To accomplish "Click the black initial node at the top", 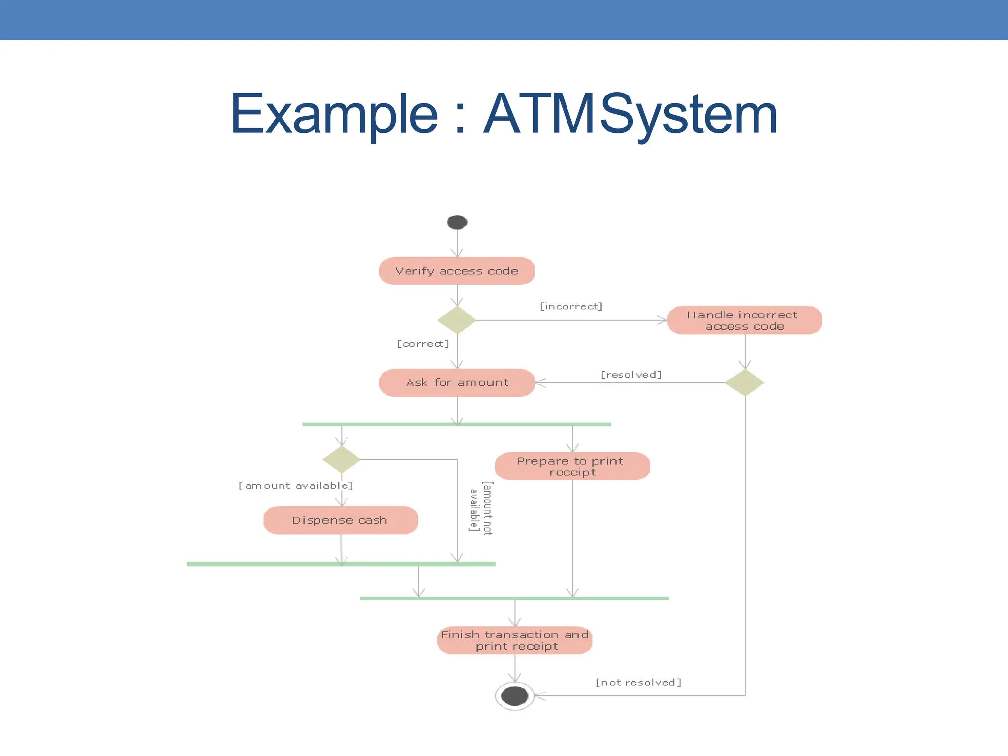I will click(x=457, y=222).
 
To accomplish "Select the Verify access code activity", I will click(x=457, y=271).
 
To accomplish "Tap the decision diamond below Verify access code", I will click(x=457, y=320).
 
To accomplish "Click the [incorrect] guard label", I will click(x=571, y=306).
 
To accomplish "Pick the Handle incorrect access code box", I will click(x=744, y=320).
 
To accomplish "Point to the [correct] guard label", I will click(x=423, y=344).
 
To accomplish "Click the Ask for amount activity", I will click(x=457, y=382).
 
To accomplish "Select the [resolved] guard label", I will click(x=631, y=375).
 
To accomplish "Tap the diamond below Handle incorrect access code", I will click(x=745, y=382).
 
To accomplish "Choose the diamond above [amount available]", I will click(x=342, y=459).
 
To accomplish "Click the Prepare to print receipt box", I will click(x=572, y=466).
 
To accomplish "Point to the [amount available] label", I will click(x=295, y=486).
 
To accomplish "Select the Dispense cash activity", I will click(x=341, y=520).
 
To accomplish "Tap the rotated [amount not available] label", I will click(x=480, y=507).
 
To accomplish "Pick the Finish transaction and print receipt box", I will click(x=514, y=640).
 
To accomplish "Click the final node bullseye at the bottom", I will click(x=514, y=696).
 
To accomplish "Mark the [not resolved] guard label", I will click(x=638, y=682).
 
